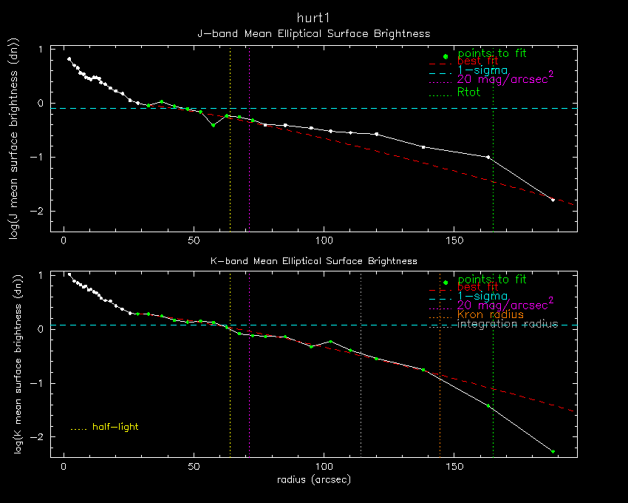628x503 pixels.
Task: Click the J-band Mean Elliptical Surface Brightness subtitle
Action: (313, 34)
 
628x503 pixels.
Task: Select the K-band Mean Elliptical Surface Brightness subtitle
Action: (313, 261)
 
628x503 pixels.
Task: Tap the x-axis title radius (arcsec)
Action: (313, 479)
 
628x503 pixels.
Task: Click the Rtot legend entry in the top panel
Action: (469, 92)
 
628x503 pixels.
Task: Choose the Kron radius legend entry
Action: (491, 314)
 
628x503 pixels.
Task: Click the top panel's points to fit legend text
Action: (492, 53)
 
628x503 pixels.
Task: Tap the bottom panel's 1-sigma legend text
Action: (483, 296)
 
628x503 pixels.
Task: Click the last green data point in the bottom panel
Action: (553, 451)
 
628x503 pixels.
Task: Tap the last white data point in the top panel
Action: (553, 200)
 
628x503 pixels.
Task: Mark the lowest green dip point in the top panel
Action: (214, 125)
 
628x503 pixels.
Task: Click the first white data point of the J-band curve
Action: (69, 59)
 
